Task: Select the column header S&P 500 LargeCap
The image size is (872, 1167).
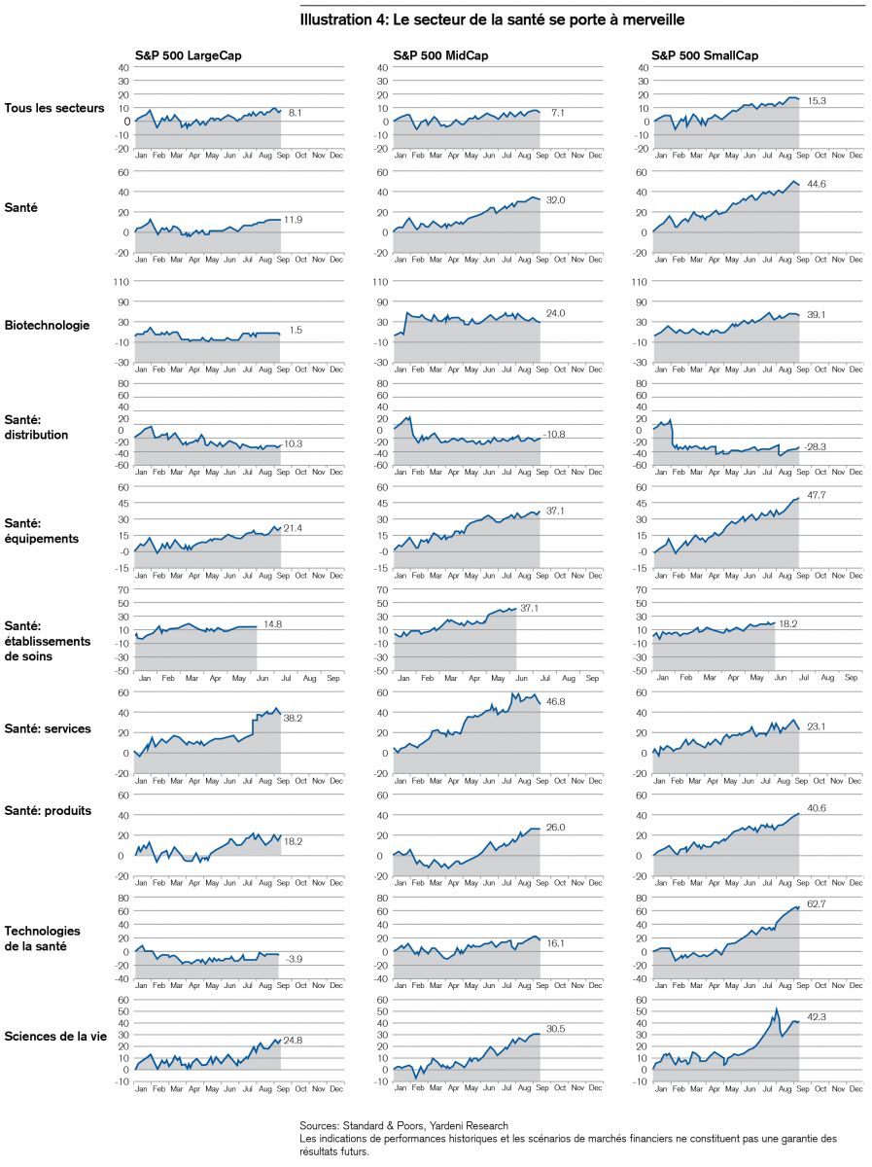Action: [x=188, y=55]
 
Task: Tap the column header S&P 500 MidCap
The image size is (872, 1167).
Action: [x=440, y=55]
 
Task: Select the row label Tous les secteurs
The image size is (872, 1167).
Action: [x=54, y=108]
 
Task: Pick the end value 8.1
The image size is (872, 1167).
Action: [x=296, y=113]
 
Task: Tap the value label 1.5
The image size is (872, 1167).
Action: [x=296, y=331]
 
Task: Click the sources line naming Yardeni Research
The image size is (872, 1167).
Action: [x=403, y=1124]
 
